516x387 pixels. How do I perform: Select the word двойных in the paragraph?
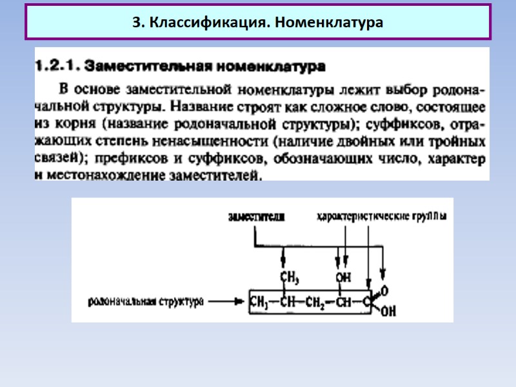tap(381, 140)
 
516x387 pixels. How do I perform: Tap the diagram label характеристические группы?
tap(381, 217)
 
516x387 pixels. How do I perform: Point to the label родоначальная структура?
tap(147, 301)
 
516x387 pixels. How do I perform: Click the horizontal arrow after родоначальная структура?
tap(225, 301)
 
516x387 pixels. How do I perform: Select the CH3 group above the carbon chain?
tap(290, 277)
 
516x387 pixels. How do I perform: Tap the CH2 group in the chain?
tap(317, 301)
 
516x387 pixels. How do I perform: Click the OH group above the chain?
tap(343, 277)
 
